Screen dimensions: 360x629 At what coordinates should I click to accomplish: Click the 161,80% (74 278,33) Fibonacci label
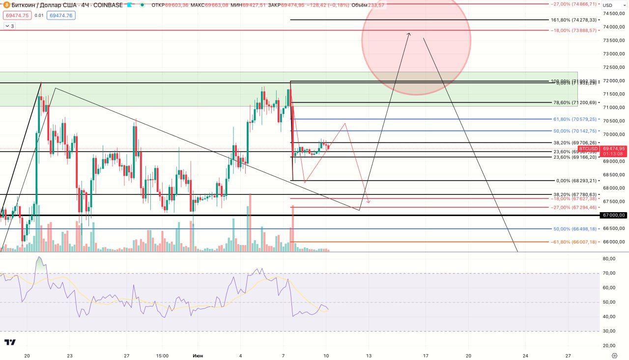[x=574, y=20]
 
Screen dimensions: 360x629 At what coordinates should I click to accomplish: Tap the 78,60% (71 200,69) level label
[x=575, y=103]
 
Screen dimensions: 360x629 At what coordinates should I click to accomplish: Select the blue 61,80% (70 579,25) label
[x=575, y=119]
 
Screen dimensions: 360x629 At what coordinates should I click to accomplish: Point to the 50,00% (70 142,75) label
[x=575, y=131]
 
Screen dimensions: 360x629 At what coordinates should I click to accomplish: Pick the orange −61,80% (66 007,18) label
[x=574, y=242]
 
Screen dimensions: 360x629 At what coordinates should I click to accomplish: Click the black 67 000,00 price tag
[x=614, y=215]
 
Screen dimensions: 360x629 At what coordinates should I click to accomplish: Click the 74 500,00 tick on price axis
[x=614, y=13]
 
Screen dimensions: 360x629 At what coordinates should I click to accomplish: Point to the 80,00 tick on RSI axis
[x=609, y=259]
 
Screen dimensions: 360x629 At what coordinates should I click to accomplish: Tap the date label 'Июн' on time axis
[x=198, y=356]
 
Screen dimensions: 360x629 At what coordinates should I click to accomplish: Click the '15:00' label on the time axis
[x=162, y=356]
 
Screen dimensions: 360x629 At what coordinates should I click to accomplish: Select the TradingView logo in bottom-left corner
[x=10, y=342]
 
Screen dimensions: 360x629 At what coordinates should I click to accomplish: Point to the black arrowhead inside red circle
[x=409, y=34]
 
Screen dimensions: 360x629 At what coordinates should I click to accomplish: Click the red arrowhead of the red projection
[x=368, y=201]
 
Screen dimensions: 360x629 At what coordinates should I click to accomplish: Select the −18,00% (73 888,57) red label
[x=574, y=30]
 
